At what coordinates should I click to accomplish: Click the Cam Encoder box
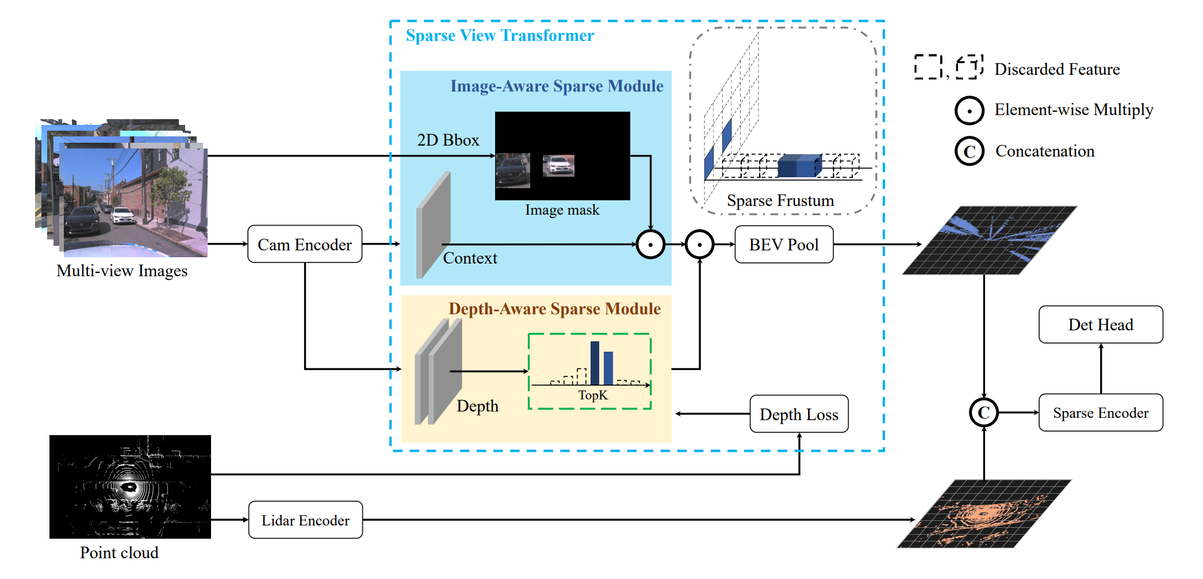pos(304,245)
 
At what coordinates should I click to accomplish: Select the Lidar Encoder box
pos(305,520)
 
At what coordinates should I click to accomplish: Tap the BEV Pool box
pos(783,245)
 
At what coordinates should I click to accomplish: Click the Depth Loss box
pos(799,414)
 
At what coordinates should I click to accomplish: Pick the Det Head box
pos(1100,325)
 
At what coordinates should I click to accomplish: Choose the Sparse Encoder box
pos(1100,413)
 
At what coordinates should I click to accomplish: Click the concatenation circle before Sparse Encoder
pos(983,413)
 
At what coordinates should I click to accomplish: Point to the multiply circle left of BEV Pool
pos(699,245)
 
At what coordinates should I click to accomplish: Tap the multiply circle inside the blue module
pos(650,245)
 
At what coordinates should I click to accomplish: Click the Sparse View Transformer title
pos(500,36)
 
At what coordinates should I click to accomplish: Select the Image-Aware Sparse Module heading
pos(556,86)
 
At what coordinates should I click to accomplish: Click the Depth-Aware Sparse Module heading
pos(554,309)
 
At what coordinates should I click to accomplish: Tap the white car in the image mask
pos(558,166)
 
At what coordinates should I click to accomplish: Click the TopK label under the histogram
pos(592,395)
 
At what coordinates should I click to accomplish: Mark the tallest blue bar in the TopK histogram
pos(595,363)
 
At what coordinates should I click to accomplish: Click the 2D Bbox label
pos(448,140)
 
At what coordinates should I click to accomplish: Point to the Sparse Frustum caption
pos(780,201)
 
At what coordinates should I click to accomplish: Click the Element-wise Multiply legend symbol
pos(969,111)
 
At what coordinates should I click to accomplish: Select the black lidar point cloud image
pos(130,487)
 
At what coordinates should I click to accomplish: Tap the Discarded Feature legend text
pos(1057,70)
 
